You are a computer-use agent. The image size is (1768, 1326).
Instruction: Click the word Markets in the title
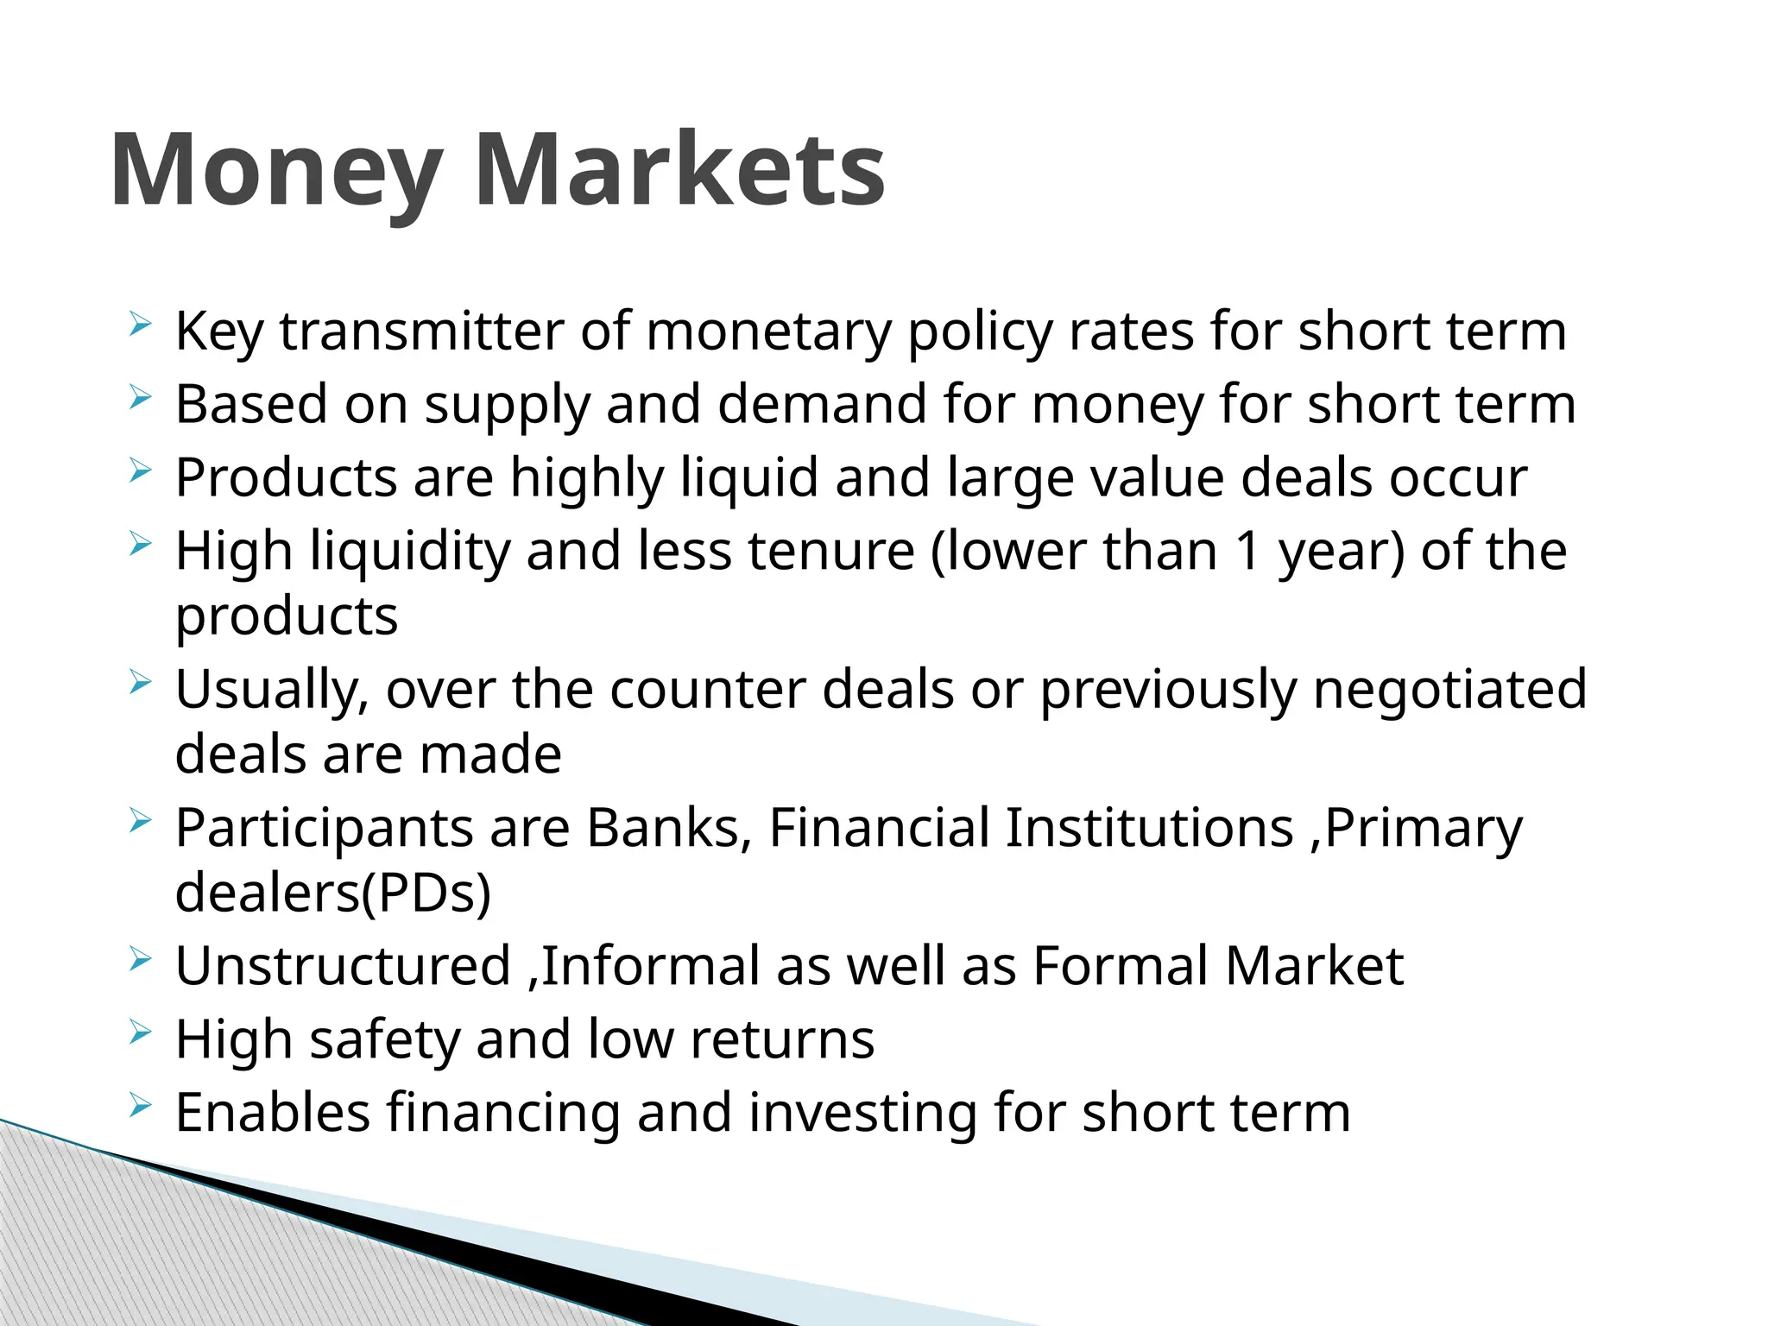(x=679, y=170)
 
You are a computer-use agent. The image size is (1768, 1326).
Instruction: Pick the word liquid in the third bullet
(x=749, y=478)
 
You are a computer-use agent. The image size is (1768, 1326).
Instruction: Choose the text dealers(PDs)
(x=333, y=893)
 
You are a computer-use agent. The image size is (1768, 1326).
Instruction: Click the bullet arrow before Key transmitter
(x=140, y=325)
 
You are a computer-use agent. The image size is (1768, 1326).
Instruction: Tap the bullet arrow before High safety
(x=140, y=1032)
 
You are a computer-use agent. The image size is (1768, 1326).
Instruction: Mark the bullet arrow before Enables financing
(x=140, y=1106)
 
